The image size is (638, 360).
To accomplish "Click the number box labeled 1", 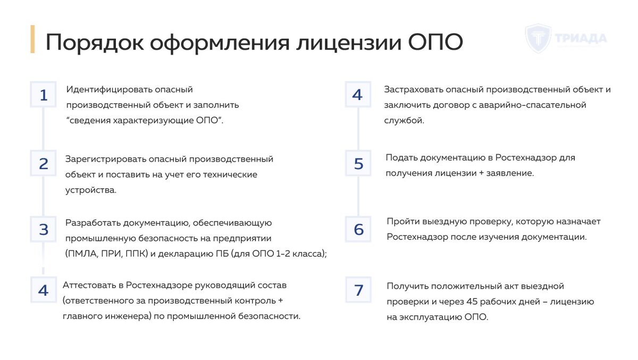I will [x=44, y=95].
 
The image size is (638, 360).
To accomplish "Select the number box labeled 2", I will [x=44, y=163].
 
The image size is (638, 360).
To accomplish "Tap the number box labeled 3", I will [x=44, y=229].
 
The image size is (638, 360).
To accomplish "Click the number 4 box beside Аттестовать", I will [x=44, y=290].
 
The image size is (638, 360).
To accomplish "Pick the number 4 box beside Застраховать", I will [x=357, y=95].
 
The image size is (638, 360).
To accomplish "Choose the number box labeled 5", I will [x=358, y=164].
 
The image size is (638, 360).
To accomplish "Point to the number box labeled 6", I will [x=358, y=229].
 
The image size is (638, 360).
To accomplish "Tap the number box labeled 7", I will [x=358, y=290].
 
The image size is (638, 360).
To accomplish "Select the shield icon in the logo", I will [x=538, y=38].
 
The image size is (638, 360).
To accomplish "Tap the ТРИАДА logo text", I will [x=581, y=38].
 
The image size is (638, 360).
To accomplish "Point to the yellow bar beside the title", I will [x=32, y=39].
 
